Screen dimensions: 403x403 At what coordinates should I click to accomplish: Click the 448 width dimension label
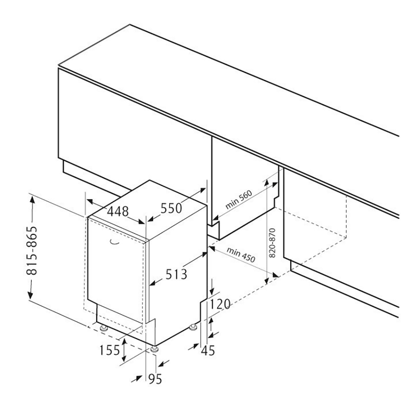tap(118, 212)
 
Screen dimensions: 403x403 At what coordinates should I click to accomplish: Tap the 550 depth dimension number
tap(171, 208)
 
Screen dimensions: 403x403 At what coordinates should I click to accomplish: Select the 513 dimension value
tap(176, 274)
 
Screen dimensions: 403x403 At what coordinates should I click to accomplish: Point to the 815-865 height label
tap(32, 250)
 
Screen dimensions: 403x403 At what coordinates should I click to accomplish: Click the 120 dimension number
tap(220, 304)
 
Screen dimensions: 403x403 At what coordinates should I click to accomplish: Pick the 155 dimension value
tap(110, 350)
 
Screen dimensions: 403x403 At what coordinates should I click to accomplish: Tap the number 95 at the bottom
tap(155, 379)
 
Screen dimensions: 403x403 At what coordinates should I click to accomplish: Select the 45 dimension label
tap(208, 350)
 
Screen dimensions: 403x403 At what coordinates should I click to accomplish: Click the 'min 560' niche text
tap(239, 200)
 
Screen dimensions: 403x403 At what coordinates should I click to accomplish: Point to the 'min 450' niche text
tap(241, 255)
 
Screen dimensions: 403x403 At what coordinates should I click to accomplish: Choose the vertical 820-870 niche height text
tap(272, 243)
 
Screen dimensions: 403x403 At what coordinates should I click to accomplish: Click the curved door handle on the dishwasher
tap(114, 242)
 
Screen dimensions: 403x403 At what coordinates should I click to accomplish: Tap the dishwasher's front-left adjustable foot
tap(104, 328)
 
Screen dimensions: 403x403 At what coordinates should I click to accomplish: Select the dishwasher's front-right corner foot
tap(154, 349)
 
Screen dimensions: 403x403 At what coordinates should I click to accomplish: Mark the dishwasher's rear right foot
tap(193, 327)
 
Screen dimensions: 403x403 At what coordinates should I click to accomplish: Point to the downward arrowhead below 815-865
tap(30, 295)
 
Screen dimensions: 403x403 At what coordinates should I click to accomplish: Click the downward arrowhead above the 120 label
tap(212, 291)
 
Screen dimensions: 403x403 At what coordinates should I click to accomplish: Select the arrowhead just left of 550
tap(151, 219)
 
